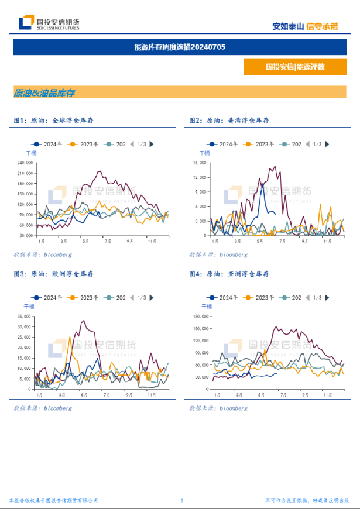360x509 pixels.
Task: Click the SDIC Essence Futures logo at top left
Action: click(x=49, y=23)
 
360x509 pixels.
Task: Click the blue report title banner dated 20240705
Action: click(x=179, y=47)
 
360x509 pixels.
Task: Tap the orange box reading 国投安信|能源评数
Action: click(x=294, y=67)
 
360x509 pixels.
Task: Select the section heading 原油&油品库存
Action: click(x=44, y=92)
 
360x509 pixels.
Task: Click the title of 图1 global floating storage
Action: click(x=54, y=120)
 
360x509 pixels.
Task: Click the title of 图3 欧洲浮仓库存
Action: click(x=54, y=274)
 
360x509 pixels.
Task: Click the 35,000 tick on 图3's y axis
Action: click(x=23, y=317)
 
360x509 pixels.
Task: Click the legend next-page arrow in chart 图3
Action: click(x=152, y=298)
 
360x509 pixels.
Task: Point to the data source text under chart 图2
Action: click(x=218, y=254)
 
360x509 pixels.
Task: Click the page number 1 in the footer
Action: click(x=182, y=500)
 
